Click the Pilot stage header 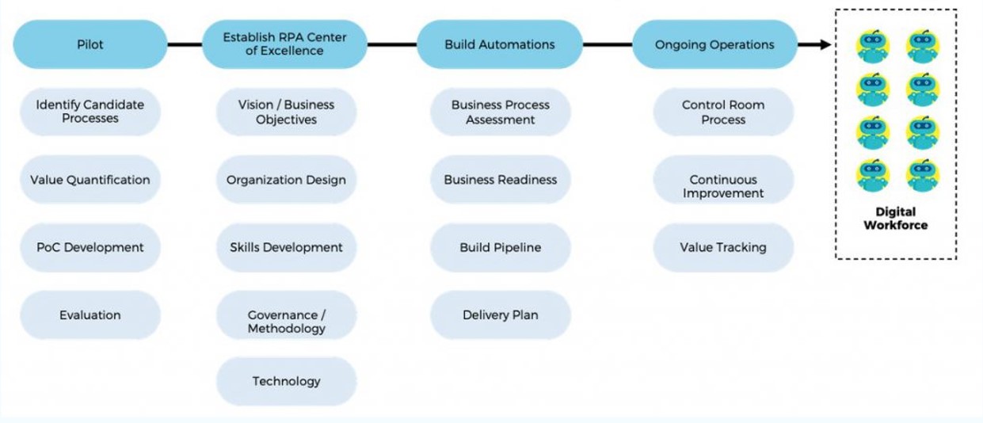(x=90, y=44)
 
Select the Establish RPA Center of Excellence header (x=284, y=44)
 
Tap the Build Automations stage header (x=500, y=44)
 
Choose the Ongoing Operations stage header (x=714, y=44)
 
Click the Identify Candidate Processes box (x=90, y=112)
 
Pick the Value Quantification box (x=90, y=180)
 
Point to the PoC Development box (x=90, y=247)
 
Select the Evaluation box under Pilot (x=90, y=315)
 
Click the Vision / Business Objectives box (x=286, y=112)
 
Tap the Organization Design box (x=286, y=180)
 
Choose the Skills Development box (x=286, y=247)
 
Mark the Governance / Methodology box (x=286, y=322)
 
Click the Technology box (x=286, y=381)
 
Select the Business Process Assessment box (x=501, y=112)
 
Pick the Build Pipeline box (x=501, y=247)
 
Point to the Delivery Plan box (x=501, y=315)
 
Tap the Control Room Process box (x=723, y=112)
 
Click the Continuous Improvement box (x=723, y=186)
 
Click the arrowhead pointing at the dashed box (x=825, y=44)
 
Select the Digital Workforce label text (x=896, y=219)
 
